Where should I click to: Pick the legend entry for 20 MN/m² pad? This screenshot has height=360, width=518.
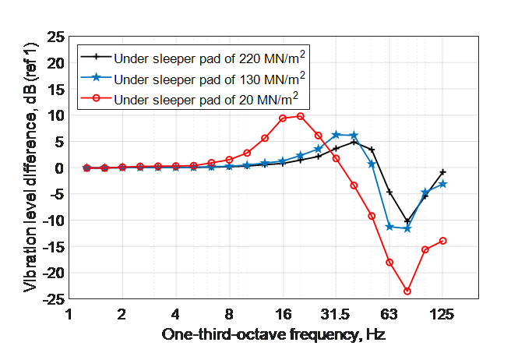(x=206, y=99)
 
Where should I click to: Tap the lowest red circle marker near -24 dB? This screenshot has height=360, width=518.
(x=407, y=291)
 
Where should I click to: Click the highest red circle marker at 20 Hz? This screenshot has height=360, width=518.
(x=301, y=116)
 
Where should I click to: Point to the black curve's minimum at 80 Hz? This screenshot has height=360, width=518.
(x=407, y=221)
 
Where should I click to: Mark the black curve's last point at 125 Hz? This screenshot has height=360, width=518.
(x=442, y=171)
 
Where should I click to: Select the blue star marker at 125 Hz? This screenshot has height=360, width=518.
(x=442, y=184)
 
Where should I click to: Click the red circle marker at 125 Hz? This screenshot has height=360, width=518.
(x=442, y=241)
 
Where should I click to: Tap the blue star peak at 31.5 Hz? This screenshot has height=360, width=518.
(x=336, y=135)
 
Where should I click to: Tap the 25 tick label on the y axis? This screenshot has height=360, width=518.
(x=57, y=37)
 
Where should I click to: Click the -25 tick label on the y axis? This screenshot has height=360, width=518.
(x=55, y=298)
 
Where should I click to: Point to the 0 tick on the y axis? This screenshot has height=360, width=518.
(x=60, y=168)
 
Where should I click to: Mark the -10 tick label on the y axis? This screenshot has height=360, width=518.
(x=55, y=220)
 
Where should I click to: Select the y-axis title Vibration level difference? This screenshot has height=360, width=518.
(x=29, y=168)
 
